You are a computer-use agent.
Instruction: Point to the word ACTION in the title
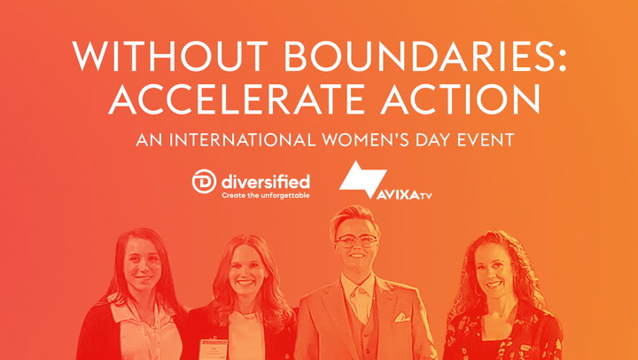coord(460,98)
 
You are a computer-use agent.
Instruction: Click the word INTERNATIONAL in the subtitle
coord(243,140)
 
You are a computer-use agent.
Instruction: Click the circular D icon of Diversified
coord(204,181)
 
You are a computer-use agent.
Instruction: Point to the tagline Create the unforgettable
coord(266,195)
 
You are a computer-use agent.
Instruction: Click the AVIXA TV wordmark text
coord(404,195)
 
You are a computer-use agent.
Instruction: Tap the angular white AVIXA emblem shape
coord(362,179)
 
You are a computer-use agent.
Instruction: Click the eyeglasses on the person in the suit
coord(355,241)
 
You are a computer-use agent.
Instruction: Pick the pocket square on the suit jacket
coord(401,317)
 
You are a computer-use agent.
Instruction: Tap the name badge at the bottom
coord(214,349)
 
